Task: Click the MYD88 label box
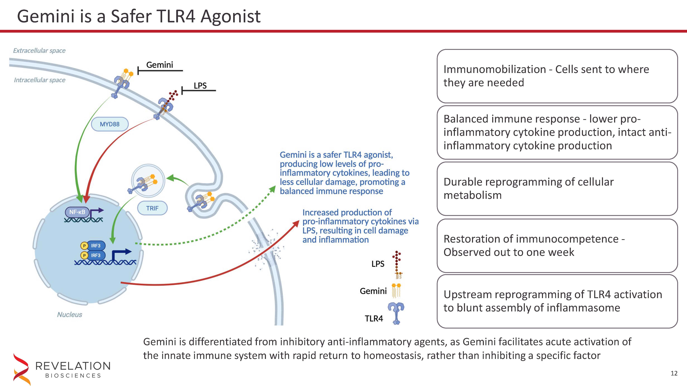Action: coord(110,124)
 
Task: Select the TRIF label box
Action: coord(152,208)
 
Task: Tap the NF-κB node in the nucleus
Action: coord(77,212)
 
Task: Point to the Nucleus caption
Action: coord(70,315)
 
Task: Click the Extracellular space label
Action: coord(39,51)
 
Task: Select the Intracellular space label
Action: coord(40,80)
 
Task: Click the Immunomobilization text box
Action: coord(557,76)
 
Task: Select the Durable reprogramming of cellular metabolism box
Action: coord(557,189)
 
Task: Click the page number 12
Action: coord(674,373)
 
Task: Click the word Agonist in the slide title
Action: coord(230,17)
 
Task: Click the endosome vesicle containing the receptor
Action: coord(148,181)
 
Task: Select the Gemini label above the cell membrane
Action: coord(160,65)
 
